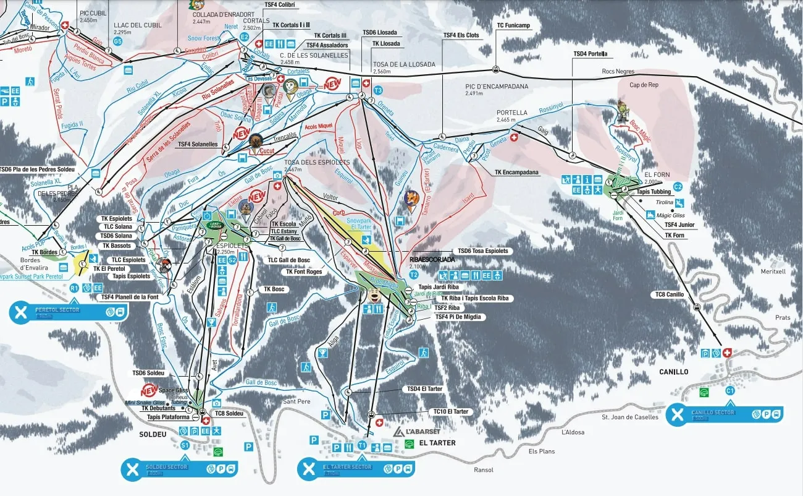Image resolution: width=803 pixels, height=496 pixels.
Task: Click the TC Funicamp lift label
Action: coord(513,25)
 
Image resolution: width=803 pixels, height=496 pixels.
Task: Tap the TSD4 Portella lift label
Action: coord(590,54)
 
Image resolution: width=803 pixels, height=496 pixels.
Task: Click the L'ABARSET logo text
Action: coord(418,432)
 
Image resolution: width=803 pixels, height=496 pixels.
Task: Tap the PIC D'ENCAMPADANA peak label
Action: coord(497,87)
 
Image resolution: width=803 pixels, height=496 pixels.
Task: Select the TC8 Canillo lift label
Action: coord(670,294)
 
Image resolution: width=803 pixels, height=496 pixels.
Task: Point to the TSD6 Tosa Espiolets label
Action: coord(483,251)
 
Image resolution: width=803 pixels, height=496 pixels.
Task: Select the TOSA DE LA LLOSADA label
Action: coord(404,64)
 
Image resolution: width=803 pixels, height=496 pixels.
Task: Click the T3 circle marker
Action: coord(379,90)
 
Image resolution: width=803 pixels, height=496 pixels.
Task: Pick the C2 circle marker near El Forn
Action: coord(678,186)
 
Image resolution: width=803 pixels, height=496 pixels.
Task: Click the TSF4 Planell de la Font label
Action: coord(129,297)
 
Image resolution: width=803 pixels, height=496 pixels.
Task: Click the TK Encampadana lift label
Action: coord(516,173)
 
